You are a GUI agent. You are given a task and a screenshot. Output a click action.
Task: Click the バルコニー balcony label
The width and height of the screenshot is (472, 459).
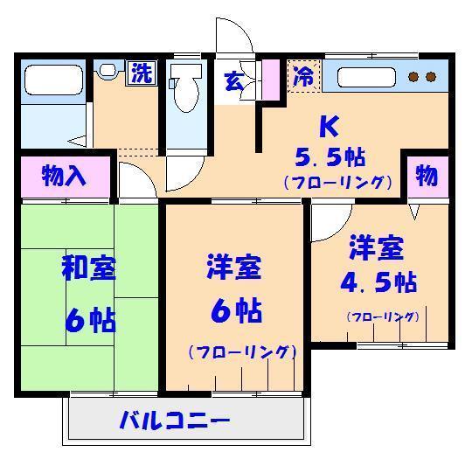pos(175,421)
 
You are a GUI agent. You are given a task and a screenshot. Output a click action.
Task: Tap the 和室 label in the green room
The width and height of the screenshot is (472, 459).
pos(89,268)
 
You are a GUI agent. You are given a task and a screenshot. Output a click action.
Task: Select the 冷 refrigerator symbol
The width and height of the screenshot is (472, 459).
pos(304,76)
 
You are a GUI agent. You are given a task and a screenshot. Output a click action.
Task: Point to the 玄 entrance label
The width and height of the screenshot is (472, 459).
pos(234,81)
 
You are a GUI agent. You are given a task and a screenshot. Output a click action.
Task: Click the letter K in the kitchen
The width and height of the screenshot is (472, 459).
pos(330,126)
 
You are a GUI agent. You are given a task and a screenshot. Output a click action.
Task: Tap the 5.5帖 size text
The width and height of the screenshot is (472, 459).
pos(330,157)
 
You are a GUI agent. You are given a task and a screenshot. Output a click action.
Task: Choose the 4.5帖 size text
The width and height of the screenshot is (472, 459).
pos(378,282)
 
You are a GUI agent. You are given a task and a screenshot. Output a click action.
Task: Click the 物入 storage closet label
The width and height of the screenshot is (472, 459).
pos(64,176)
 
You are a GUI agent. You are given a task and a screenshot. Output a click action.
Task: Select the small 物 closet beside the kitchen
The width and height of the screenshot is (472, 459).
pos(427,176)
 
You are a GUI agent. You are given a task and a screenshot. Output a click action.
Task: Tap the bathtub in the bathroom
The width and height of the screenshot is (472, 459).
pos(53,80)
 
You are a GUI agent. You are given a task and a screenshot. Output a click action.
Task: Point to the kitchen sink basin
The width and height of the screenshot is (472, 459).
pos(366,78)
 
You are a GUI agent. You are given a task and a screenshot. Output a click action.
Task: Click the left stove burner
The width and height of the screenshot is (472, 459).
pos(413,77)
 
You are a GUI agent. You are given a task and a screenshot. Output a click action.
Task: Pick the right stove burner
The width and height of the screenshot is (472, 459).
pos(431,77)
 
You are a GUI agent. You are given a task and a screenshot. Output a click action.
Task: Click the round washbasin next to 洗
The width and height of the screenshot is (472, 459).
pos(108,71)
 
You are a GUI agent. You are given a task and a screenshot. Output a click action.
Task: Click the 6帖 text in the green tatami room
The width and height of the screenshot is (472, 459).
pos(90,319)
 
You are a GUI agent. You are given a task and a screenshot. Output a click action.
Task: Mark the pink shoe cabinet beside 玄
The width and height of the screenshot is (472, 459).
pos(271,80)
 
